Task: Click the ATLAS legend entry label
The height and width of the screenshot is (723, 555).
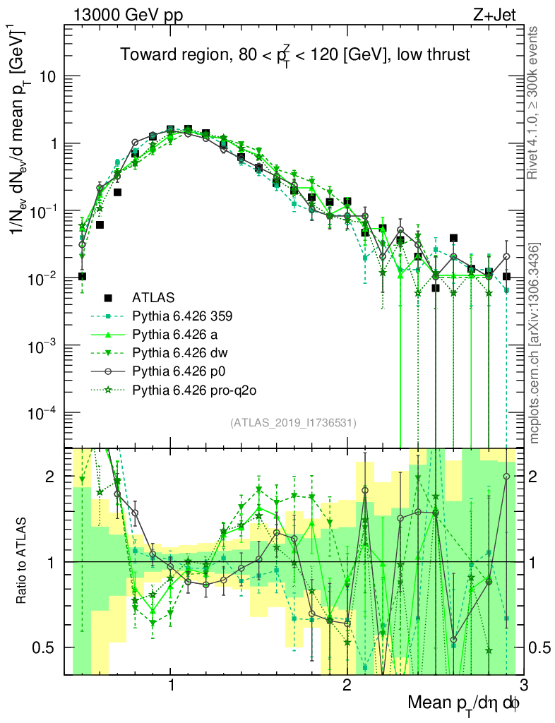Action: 154,297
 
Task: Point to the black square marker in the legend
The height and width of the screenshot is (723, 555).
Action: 109,297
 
